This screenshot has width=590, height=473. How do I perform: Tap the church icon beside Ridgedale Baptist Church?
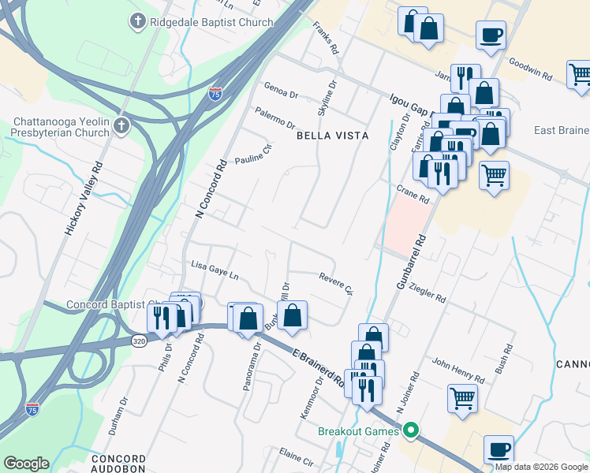[139, 21]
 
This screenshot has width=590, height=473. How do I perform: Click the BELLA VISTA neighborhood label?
[332, 136]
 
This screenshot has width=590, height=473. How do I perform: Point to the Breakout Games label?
[360, 431]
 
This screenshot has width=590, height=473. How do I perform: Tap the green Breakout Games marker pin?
[410, 430]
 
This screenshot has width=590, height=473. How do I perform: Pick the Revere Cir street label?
[335, 282]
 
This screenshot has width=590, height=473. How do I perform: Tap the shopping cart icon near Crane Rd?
[494, 175]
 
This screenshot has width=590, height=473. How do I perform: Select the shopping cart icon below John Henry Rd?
[462, 397]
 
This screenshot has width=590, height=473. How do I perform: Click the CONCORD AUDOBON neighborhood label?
[118, 463]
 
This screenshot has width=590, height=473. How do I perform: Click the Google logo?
[27, 464]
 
